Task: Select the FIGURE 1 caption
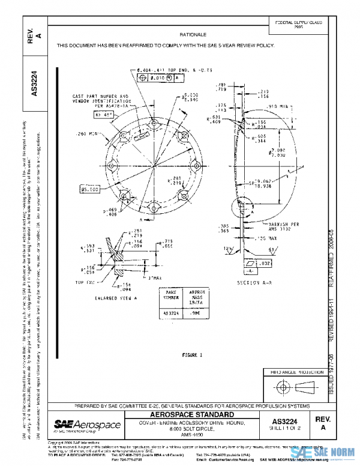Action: (193, 355)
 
